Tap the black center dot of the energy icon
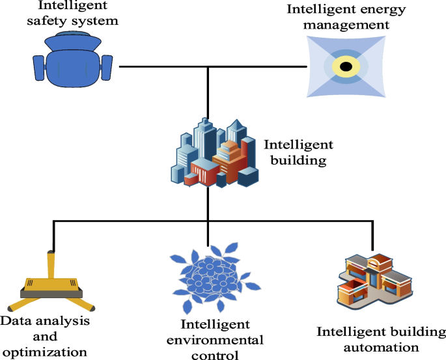(x=346, y=66)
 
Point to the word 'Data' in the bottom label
(x=16, y=322)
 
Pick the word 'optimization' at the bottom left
(x=44, y=352)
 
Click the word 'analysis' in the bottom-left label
(x=66, y=322)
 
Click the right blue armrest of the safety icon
(x=107, y=65)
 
